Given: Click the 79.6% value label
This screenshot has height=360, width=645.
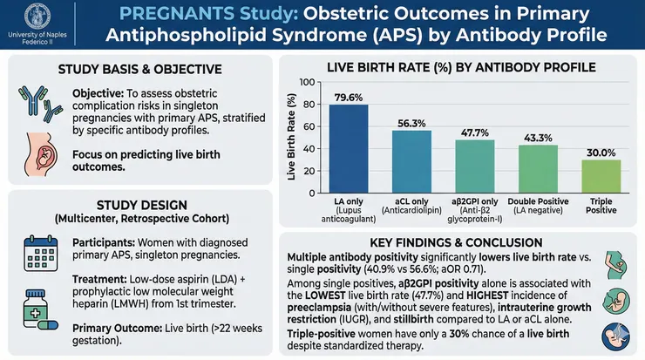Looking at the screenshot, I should click(x=347, y=97).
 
